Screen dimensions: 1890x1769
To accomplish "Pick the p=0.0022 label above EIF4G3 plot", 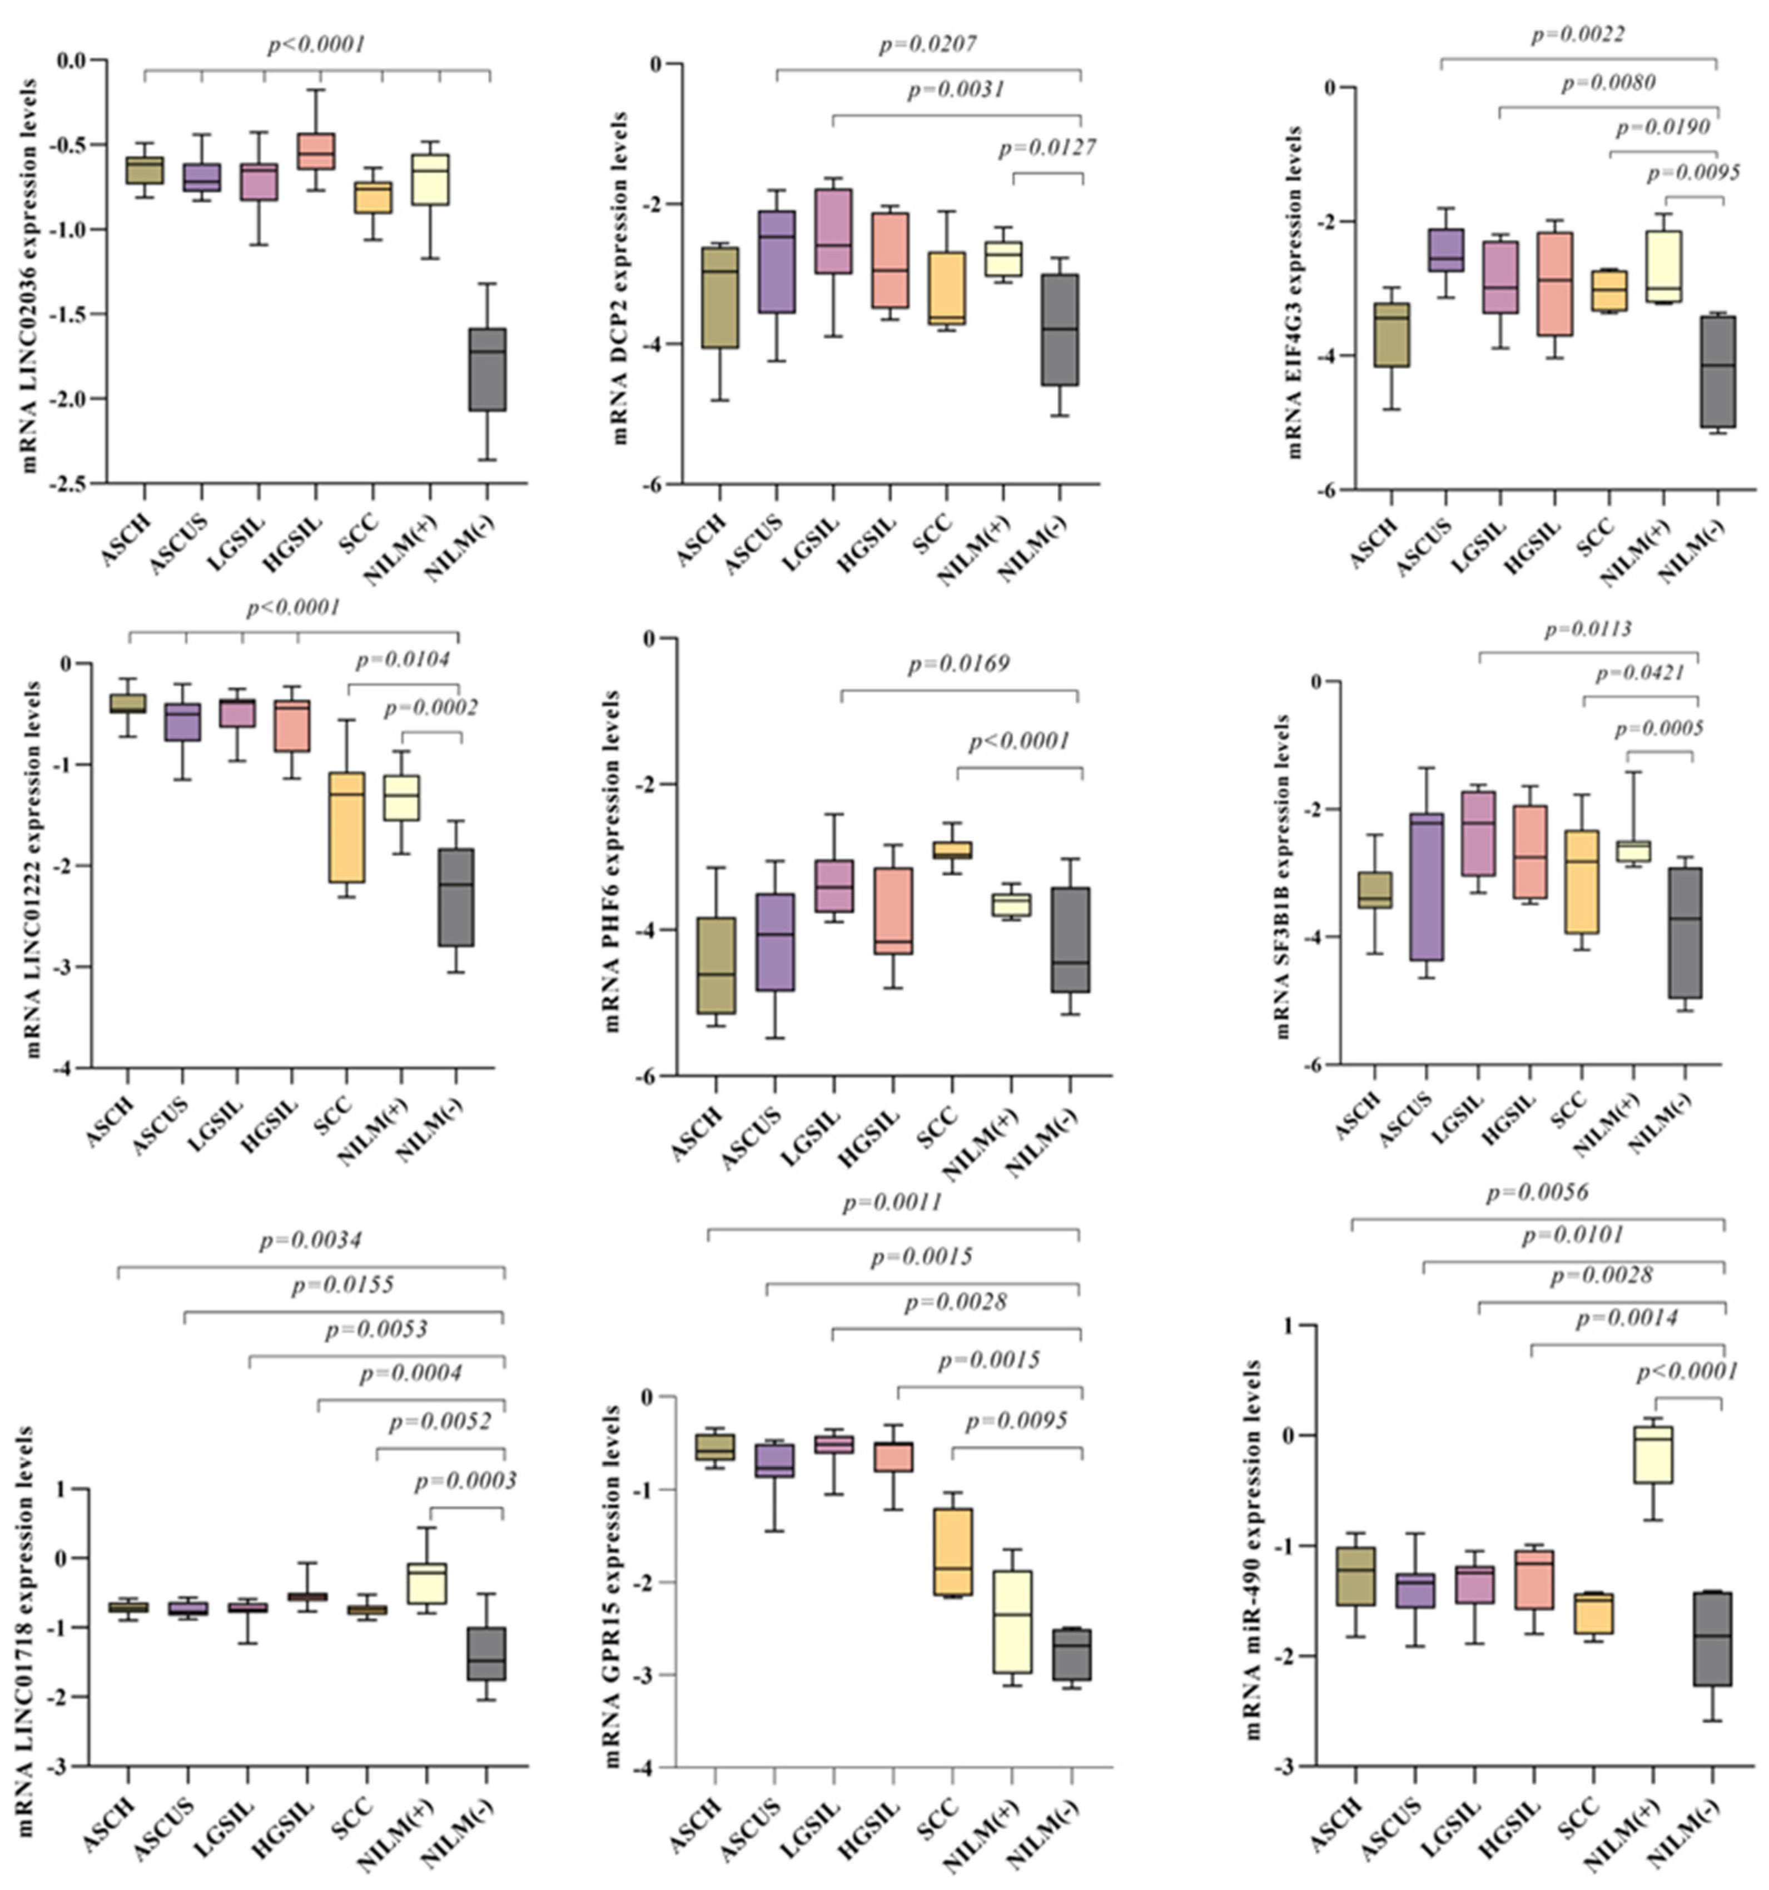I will (x=1577, y=35).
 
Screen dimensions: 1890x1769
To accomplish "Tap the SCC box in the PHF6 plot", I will (x=951, y=849).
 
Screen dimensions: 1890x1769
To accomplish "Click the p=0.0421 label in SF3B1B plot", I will (x=1639, y=674).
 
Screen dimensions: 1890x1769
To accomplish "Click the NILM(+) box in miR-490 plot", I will (x=1653, y=1454).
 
